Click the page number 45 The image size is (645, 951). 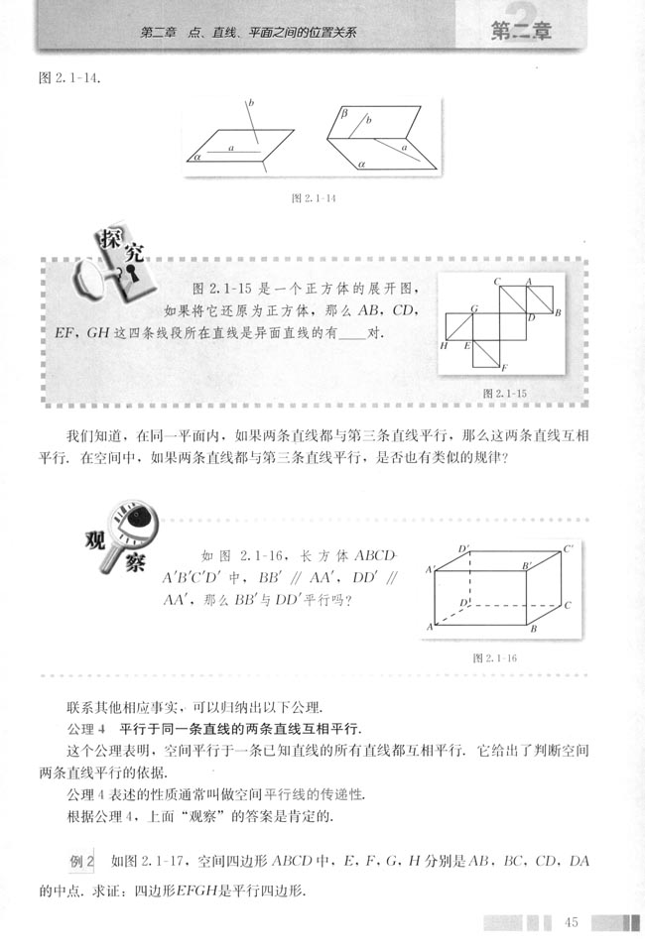[x=571, y=923]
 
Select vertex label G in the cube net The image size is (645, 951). [x=475, y=309]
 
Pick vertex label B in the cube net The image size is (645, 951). [x=559, y=313]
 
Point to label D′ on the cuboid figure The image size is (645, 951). [x=463, y=548]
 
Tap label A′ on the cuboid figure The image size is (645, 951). [x=431, y=569]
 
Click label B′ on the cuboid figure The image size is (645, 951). [x=527, y=565]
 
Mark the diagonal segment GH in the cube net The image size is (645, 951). [x=459, y=326]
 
